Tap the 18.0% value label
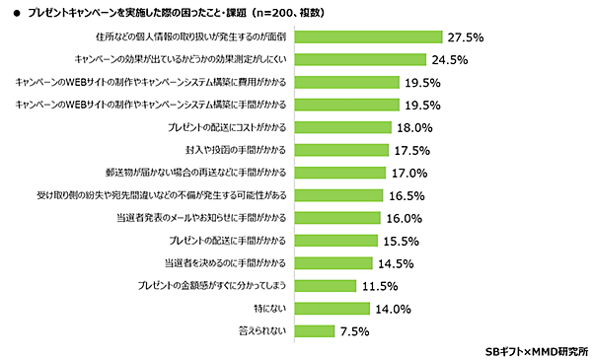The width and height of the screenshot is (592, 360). coord(415,127)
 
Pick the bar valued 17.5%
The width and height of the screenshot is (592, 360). coord(340,150)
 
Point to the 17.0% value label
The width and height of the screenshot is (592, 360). coord(408,173)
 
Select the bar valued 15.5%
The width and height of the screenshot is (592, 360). coord(335,240)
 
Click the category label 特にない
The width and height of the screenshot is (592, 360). coord(268,309)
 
